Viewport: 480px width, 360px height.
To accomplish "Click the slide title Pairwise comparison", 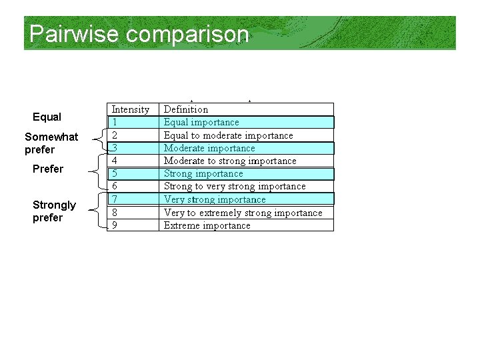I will (139, 34).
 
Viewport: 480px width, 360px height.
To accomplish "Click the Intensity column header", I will (130, 109).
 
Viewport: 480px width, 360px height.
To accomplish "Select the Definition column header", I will (186, 109).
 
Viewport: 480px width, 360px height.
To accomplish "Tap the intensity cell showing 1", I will (115, 122).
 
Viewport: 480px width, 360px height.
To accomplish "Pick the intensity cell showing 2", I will (115, 135).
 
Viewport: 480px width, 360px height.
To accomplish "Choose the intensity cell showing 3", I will (115, 148).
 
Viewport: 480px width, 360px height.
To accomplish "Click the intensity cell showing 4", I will (115, 161).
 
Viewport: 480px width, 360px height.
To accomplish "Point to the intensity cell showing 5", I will (115, 173).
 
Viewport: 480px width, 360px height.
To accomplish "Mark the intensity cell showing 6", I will (115, 186).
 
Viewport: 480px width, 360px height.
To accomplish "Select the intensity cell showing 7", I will (115, 199).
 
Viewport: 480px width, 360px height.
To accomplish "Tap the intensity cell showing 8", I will (115, 213).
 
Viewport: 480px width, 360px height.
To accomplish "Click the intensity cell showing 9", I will (115, 225).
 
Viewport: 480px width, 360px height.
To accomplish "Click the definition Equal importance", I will (201, 122).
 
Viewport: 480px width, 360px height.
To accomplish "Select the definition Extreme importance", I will (207, 225).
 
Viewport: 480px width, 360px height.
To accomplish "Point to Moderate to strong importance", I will (230, 161).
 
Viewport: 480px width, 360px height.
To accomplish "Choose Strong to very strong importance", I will (235, 186).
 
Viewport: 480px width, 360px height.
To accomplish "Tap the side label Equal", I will (47, 117).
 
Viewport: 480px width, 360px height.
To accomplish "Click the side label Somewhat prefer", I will (51, 143).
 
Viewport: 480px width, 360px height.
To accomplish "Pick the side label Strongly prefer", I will (54, 211).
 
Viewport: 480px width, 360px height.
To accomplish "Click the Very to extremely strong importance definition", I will (243, 213).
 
